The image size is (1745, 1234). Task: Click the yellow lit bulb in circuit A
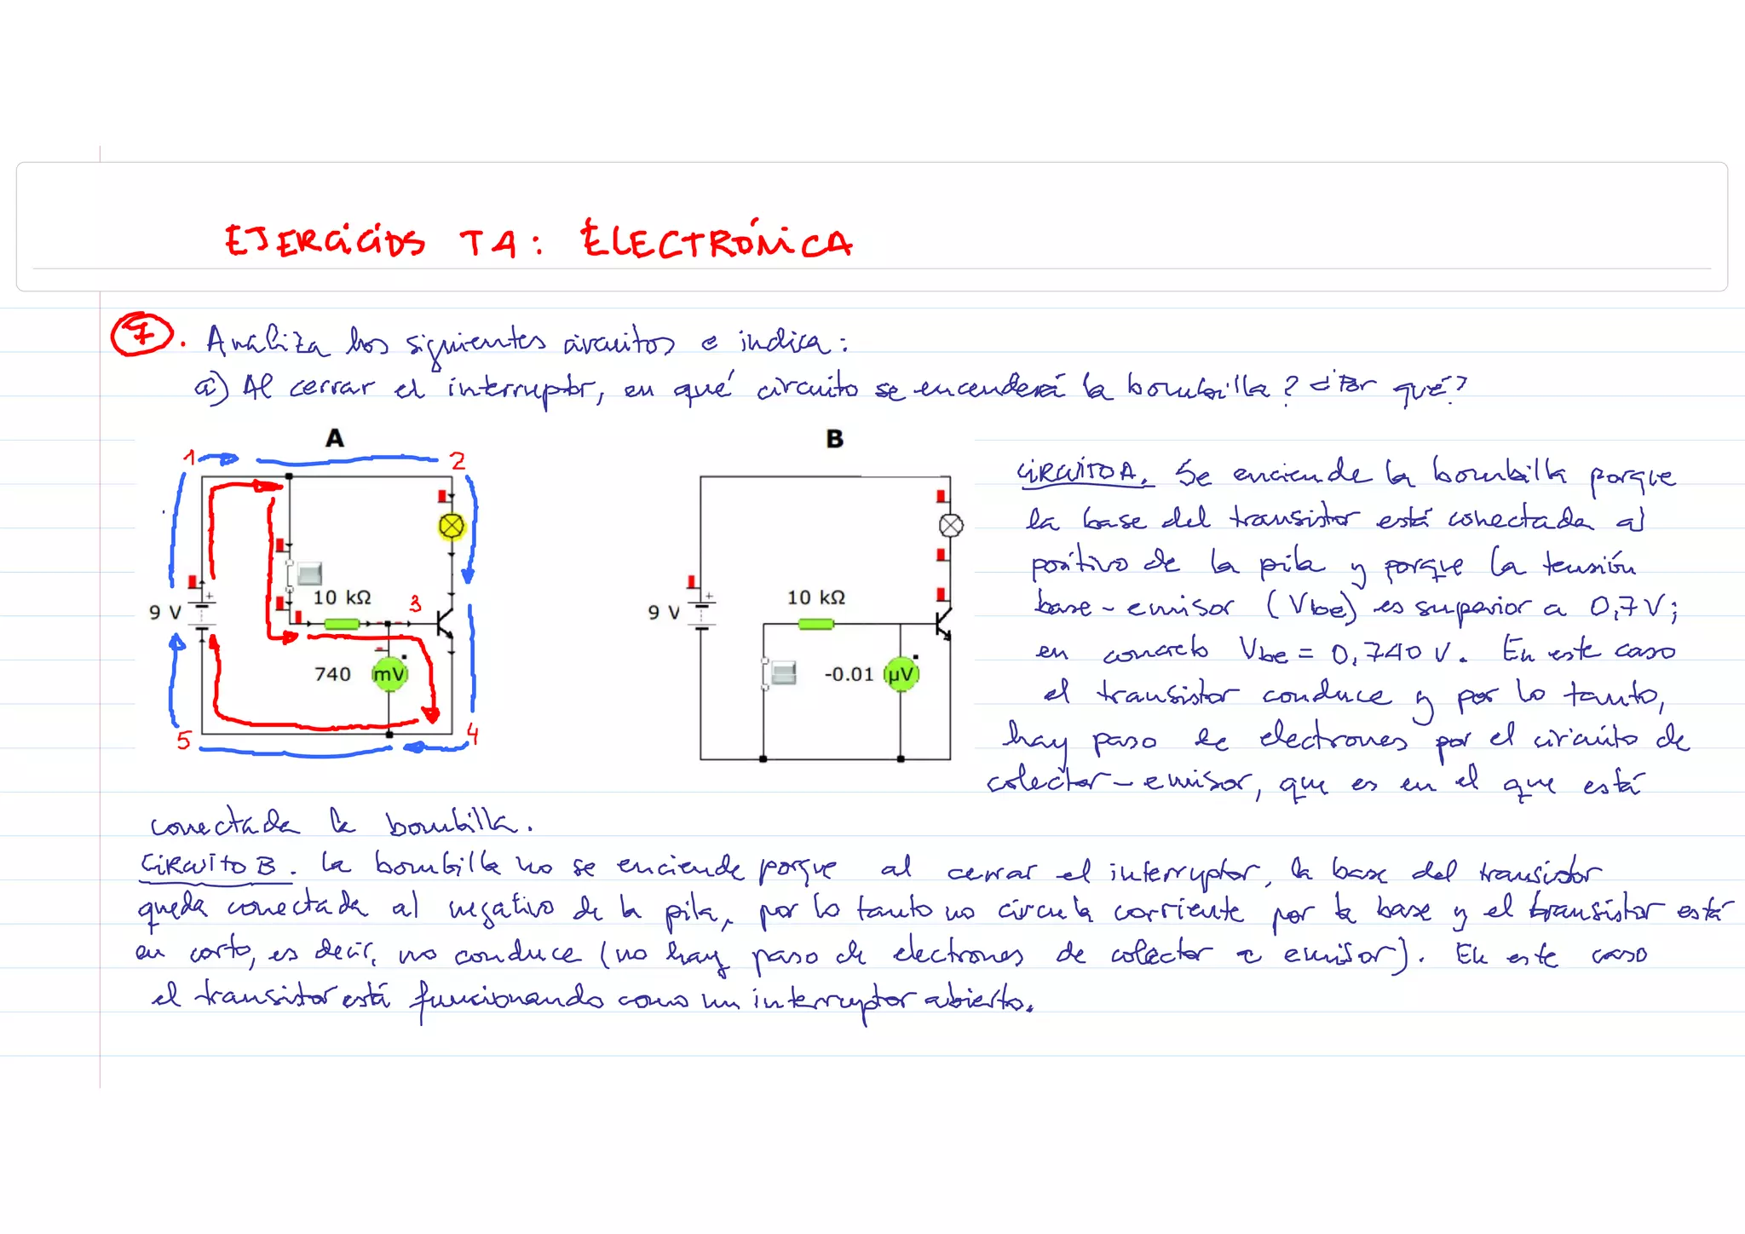[451, 527]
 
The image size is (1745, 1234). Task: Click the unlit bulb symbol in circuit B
[951, 526]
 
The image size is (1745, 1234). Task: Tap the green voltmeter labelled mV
[389, 674]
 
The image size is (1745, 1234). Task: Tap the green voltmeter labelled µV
[901, 674]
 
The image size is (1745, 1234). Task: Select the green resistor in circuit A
[342, 624]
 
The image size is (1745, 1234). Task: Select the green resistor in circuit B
[815, 624]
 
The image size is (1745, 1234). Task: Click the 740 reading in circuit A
[332, 674]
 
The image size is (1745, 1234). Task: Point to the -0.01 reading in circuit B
[849, 674]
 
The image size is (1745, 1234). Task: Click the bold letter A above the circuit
[335, 439]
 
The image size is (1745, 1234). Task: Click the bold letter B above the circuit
[835, 439]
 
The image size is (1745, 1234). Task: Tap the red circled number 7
[141, 334]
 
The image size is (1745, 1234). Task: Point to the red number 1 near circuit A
[189, 458]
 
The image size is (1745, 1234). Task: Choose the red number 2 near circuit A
[458, 461]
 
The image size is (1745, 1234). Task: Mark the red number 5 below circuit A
[183, 740]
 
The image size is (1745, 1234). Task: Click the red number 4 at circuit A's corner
[473, 734]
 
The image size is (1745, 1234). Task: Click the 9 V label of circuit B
[664, 612]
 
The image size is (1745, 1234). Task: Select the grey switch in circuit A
[308, 574]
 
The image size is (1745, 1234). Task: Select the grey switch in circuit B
[782, 673]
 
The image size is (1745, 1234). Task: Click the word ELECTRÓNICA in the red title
[716, 241]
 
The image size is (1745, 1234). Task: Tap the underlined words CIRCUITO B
[209, 867]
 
